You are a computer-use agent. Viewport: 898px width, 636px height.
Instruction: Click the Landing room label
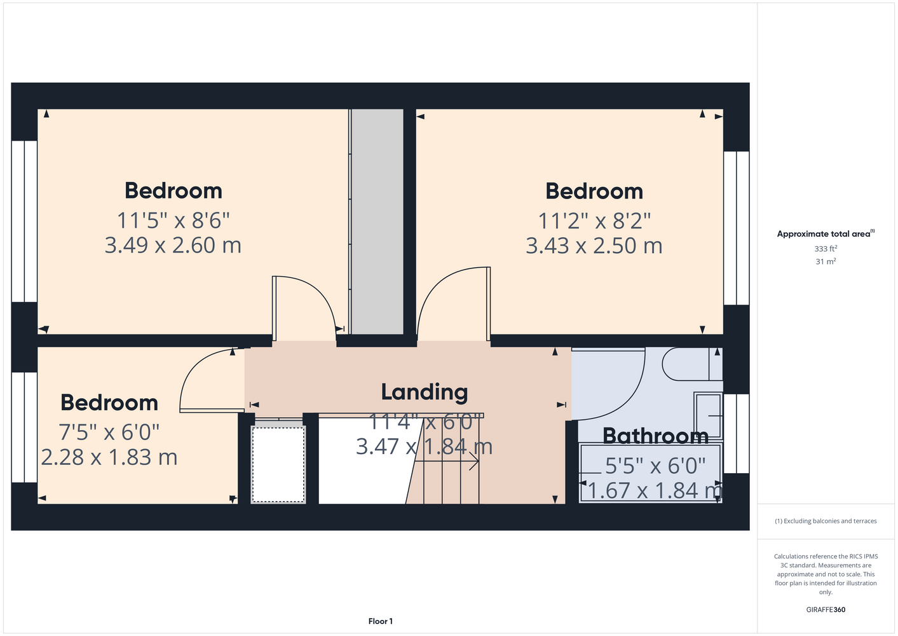(424, 392)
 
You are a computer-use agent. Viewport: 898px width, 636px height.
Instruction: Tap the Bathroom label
(655, 436)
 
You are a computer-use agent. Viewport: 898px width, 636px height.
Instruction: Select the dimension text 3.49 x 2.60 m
(173, 245)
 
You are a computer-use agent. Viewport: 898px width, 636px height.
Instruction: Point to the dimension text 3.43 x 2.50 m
(594, 245)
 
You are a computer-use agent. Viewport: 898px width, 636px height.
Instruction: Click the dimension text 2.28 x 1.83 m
(109, 457)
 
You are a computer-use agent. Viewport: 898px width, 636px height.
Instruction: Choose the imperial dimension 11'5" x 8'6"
(173, 220)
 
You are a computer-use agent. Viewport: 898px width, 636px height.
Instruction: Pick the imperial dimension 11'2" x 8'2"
(594, 221)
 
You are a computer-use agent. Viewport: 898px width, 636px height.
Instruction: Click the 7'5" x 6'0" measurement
(109, 432)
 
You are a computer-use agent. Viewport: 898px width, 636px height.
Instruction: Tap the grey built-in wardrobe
(378, 221)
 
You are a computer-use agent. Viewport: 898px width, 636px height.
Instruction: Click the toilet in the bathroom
(692, 364)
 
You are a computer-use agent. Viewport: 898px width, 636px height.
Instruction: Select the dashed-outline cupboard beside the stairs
(278, 464)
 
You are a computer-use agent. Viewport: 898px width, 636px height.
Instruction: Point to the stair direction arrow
(446, 462)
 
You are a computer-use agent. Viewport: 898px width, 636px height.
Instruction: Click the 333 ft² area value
(826, 249)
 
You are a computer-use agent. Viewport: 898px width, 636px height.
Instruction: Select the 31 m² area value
(826, 261)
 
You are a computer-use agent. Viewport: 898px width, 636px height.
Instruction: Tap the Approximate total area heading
(826, 233)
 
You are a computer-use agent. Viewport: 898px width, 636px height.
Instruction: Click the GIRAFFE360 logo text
(826, 609)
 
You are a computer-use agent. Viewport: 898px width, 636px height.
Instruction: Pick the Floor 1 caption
(381, 621)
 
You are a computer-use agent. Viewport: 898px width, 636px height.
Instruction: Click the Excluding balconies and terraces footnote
(826, 521)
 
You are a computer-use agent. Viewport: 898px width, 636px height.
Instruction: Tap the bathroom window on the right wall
(737, 433)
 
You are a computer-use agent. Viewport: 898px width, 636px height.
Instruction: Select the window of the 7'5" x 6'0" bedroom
(24, 427)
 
